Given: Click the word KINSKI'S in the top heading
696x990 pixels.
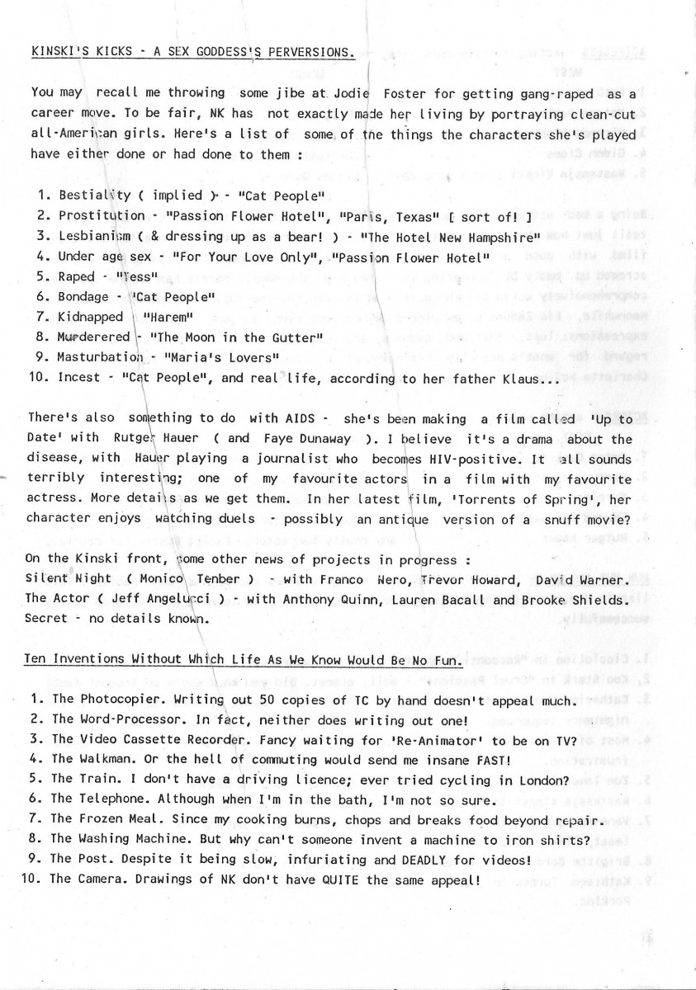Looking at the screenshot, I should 60,52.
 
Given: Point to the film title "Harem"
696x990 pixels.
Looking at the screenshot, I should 168,316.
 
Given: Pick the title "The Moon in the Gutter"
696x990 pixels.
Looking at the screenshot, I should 235,336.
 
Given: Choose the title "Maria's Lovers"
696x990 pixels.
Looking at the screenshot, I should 220,357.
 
